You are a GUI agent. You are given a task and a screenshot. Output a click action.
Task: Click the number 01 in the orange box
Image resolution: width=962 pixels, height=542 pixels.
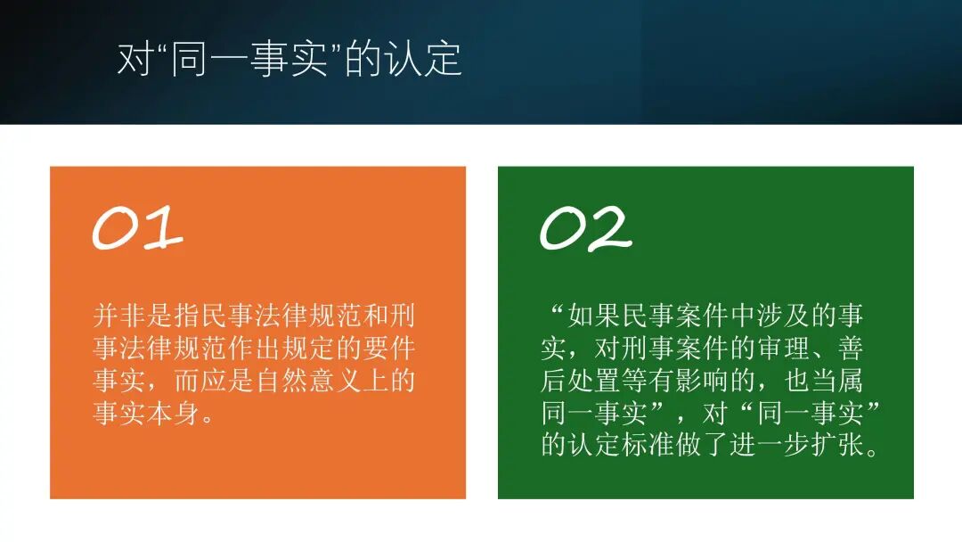point(138,228)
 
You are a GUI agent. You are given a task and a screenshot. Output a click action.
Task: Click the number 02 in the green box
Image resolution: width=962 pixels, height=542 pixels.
point(585,228)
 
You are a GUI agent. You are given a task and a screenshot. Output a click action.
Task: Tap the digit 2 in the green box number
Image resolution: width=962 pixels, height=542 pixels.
point(607,229)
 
